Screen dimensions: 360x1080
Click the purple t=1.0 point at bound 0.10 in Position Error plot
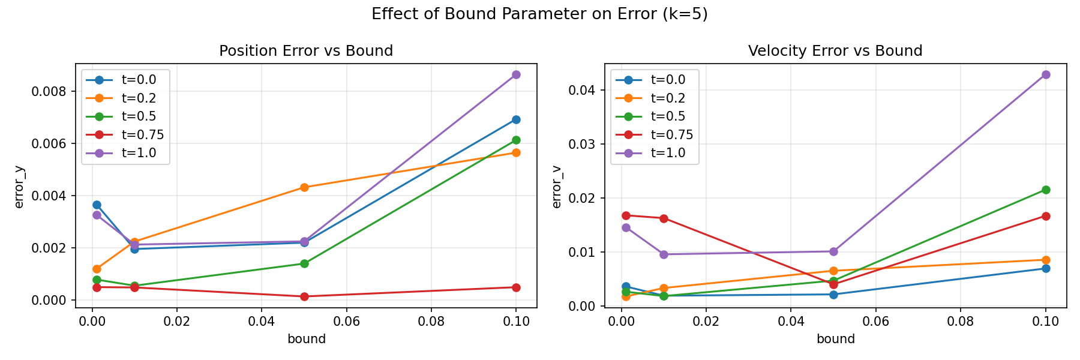(516, 74)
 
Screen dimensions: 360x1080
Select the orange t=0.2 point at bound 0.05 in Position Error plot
(304, 187)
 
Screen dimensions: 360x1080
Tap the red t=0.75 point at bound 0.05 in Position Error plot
(304, 296)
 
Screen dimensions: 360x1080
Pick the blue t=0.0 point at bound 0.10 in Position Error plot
(516, 119)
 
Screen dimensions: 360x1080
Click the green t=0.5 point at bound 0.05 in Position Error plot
(304, 263)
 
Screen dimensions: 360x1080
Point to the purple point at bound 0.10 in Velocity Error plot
(1046, 74)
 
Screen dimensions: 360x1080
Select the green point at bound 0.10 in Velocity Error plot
(1046, 190)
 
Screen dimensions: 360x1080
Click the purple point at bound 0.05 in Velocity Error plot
(833, 251)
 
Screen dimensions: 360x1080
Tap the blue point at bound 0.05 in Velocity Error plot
(833, 294)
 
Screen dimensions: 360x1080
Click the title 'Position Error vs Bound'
(306, 51)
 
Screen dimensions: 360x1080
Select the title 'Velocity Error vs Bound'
(835, 51)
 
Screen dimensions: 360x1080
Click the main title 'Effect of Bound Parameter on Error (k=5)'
(539, 14)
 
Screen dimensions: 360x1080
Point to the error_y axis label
(19, 187)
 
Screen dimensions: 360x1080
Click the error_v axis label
(556, 187)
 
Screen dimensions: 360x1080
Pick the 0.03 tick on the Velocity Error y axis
(583, 144)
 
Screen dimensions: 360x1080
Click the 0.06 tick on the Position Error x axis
(346, 322)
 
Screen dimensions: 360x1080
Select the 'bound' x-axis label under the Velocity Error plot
(835, 339)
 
